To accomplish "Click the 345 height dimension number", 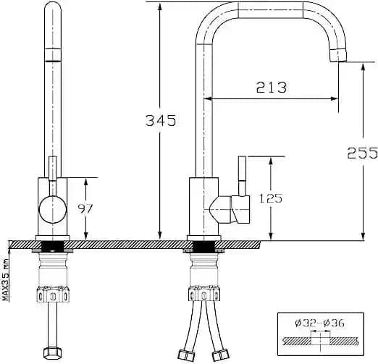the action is tap(161, 120).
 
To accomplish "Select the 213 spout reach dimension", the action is tap(272, 87).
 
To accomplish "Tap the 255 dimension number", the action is tap(362, 153).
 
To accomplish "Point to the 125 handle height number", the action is tap(270, 198).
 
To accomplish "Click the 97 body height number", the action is tap(85, 208).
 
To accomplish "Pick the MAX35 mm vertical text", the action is tap(5, 279).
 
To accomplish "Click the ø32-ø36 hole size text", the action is tap(319, 323).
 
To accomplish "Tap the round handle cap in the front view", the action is tap(52, 209).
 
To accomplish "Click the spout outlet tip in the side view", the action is tap(338, 56).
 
